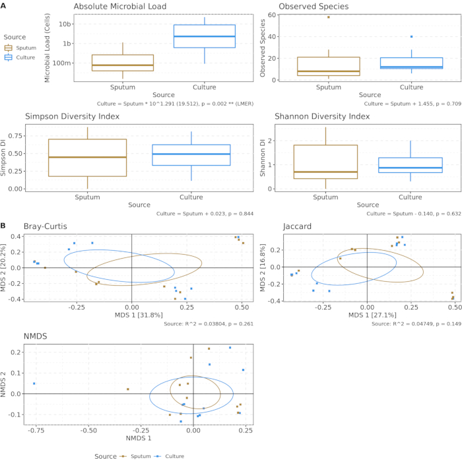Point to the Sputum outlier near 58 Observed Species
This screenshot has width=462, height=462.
(x=329, y=17)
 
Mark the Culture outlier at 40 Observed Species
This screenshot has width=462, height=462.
(x=412, y=37)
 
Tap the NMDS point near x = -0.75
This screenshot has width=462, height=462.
(x=34, y=383)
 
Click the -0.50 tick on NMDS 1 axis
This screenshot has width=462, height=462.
(x=89, y=430)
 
